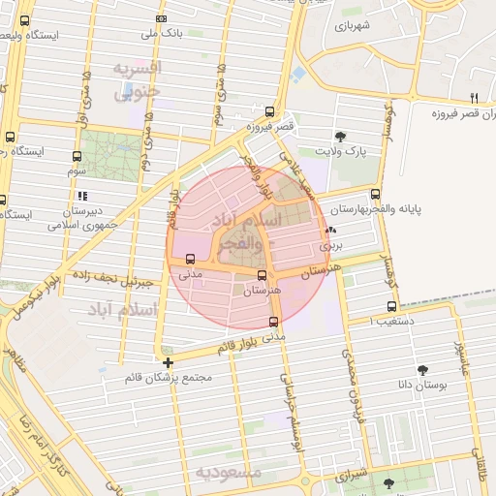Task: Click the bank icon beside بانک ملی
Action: [x=161, y=18]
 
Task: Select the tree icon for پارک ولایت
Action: [x=339, y=137]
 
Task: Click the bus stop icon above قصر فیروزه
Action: [x=269, y=111]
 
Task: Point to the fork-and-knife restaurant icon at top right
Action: [x=474, y=97]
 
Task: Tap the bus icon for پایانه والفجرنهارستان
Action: [x=375, y=194]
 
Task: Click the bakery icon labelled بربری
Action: [x=332, y=230]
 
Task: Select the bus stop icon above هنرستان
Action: [x=262, y=275]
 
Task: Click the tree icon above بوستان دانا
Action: [x=422, y=369]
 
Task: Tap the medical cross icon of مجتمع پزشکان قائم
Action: [x=169, y=362]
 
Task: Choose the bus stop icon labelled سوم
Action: [x=77, y=156]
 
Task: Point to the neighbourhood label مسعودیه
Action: [x=229, y=472]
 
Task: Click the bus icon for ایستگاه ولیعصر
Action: [x=24, y=20]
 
